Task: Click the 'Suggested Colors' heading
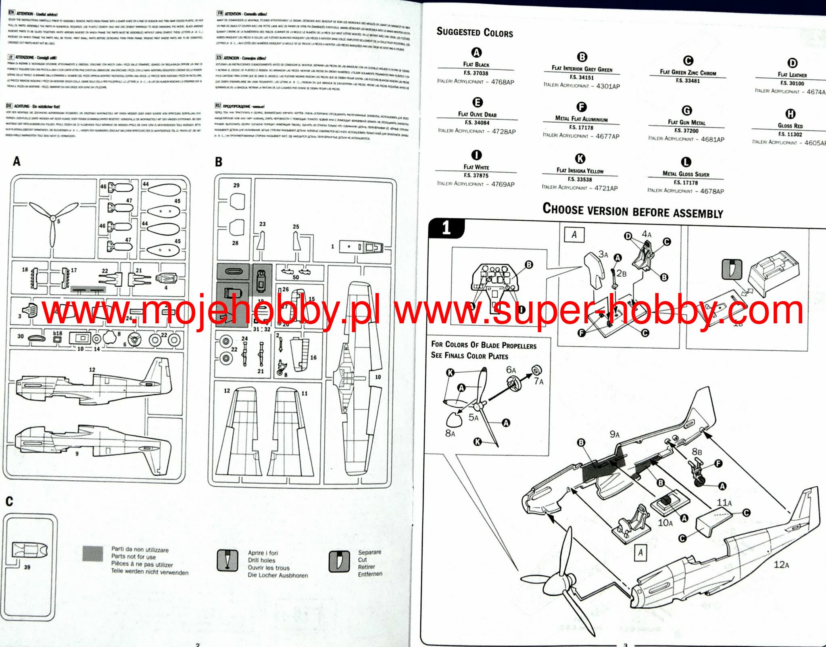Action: (475, 32)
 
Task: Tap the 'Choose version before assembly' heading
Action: (632, 211)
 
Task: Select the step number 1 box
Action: (446, 228)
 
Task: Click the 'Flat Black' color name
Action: (476, 64)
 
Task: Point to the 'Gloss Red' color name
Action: (790, 126)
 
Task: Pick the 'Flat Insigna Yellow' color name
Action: (580, 170)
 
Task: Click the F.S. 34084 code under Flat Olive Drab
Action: (477, 123)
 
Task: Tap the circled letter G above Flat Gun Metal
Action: (686, 111)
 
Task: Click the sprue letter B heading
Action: (219, 162)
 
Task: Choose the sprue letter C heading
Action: (9, 501)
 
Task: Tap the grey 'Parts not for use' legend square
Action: (93, 554)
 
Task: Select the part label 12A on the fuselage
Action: (781, 565)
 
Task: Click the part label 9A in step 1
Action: (614, 434)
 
